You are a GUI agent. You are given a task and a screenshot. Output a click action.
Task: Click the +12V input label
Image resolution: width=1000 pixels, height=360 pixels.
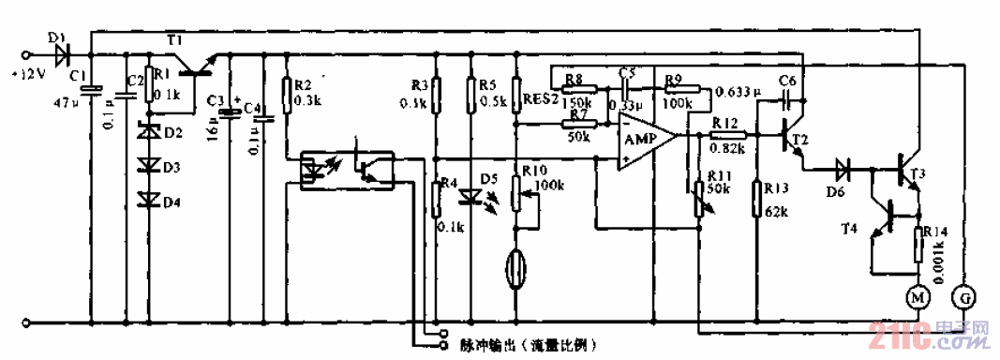26,74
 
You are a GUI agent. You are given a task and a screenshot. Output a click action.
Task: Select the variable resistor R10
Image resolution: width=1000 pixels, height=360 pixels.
515,195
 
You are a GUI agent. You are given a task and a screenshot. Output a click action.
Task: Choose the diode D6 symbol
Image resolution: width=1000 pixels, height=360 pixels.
843,171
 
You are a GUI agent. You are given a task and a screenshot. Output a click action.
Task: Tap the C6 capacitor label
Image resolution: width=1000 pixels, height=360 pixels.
787,79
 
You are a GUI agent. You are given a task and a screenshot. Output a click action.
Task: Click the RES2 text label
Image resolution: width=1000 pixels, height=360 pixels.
542,97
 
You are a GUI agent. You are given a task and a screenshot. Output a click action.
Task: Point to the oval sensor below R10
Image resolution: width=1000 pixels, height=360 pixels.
515,266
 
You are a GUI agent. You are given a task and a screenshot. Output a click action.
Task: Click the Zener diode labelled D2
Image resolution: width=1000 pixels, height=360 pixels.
148,133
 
